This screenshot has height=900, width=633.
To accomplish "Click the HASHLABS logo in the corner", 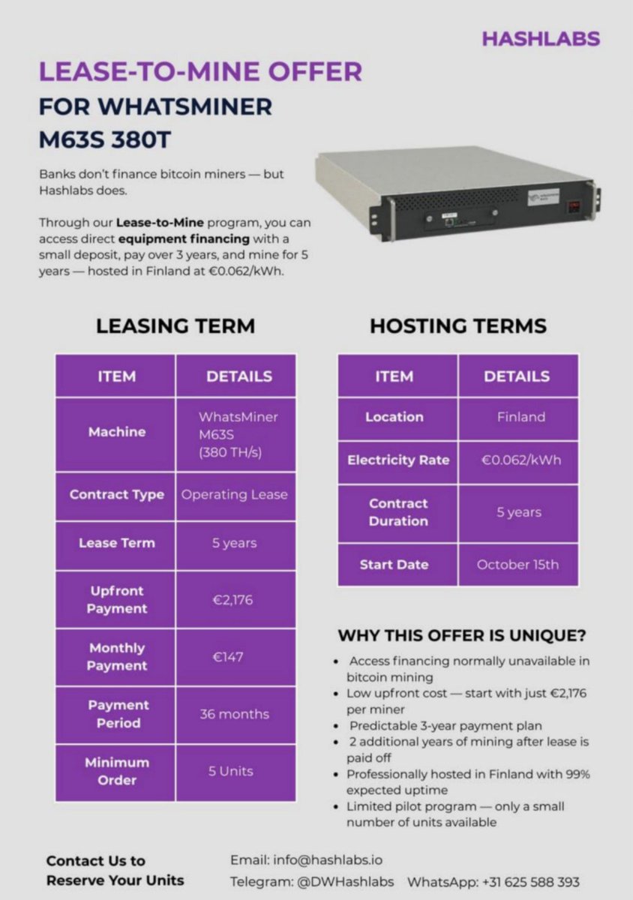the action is (540, 39).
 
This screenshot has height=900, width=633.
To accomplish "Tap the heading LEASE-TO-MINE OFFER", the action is (200, 72).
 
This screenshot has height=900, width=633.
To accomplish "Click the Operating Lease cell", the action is (234, 495).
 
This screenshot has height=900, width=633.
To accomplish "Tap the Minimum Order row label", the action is (116, 771).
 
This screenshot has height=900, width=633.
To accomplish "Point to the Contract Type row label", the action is (116, 495).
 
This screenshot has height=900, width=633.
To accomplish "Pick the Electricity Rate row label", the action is (397, 460).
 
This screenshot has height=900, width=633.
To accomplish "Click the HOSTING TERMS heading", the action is (457, 326).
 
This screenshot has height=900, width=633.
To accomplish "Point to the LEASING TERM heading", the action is (175, 326).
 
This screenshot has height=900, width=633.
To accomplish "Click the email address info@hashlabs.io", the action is (325, 859).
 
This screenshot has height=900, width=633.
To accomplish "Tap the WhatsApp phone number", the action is (531, 882).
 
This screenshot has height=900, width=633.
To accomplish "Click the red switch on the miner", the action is (574, 207).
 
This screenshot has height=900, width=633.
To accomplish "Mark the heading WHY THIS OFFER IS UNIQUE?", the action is (461, 635).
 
